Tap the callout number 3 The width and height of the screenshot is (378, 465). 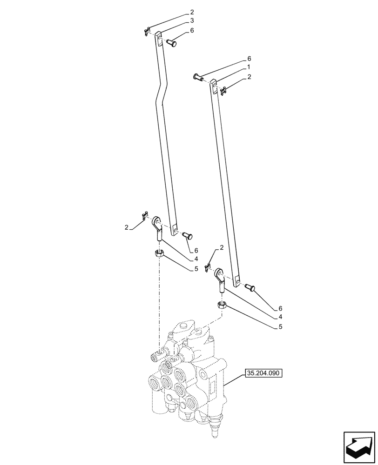(x=191, y=21)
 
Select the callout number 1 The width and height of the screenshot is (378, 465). (x=249, y=68)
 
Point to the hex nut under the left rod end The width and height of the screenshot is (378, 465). (x=159, y=253)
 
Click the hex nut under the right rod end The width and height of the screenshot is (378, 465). (x=222, y=305)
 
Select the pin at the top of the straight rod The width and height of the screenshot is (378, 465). (x=197, y=77)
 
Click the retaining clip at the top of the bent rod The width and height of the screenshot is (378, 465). (x=146, y=32)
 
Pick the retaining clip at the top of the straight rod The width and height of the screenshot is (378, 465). (x=223, y=91)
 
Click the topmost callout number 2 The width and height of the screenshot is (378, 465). (x=191, y=12)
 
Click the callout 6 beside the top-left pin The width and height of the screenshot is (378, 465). (x=191, y=31)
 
